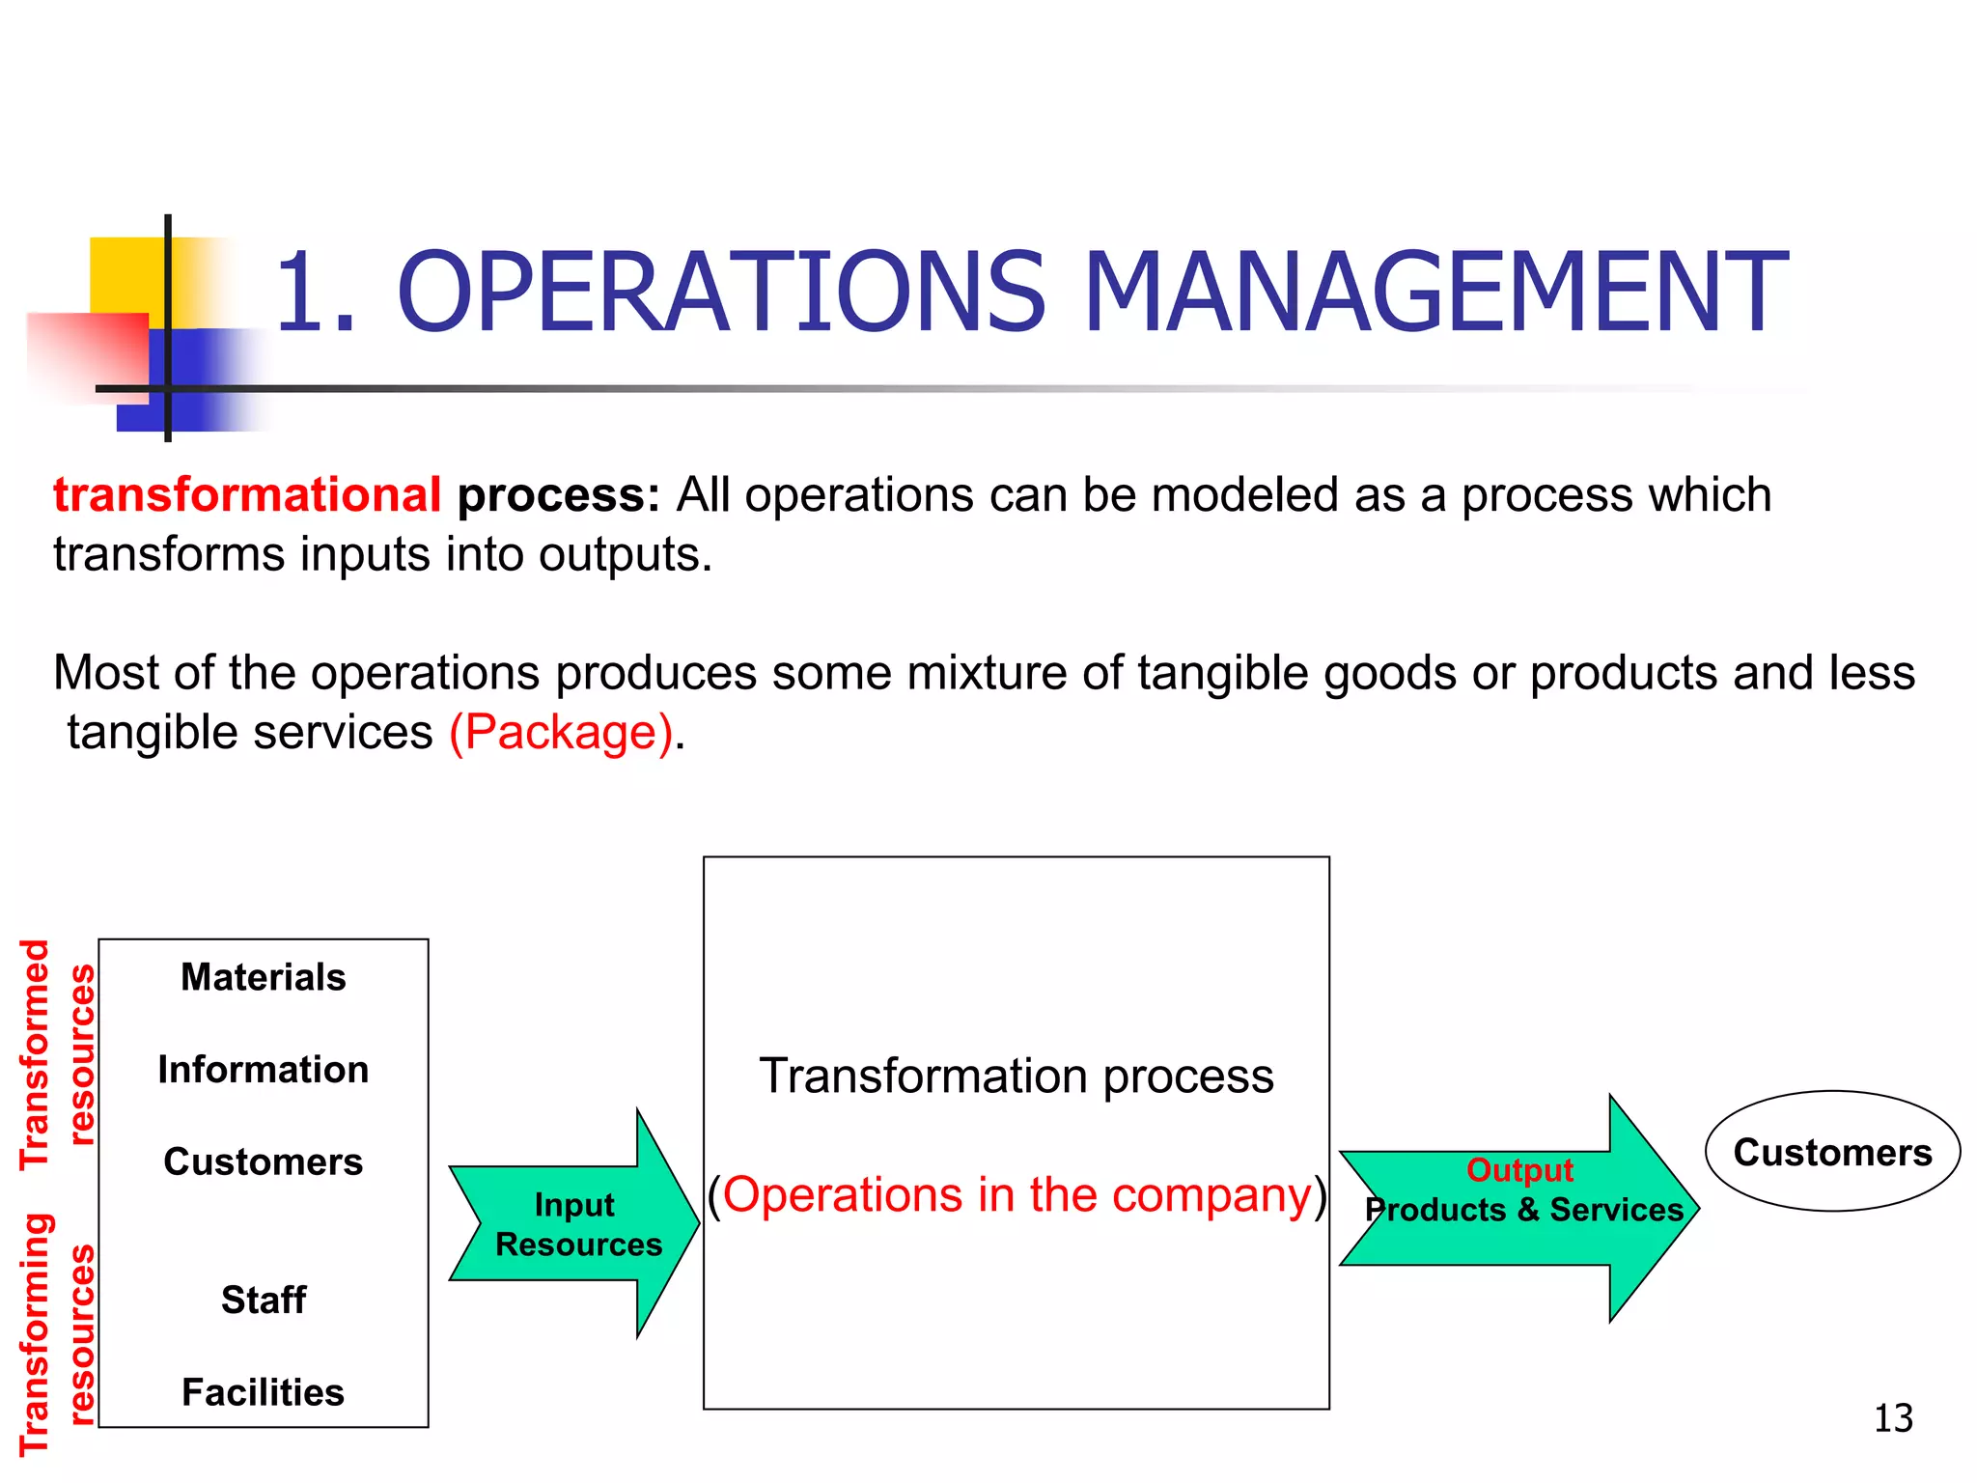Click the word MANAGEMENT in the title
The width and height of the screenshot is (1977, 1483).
pyautogui.click(x=1434, y=292)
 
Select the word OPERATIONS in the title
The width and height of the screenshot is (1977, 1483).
pyautogui.click(x=721, y=292)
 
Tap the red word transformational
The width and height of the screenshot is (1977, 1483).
pyautogui.click(x=247, y=495)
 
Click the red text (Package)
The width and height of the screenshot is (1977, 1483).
pyautogui.click(x=561, y=732)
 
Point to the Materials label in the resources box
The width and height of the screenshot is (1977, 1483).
pyautogui.click(x=263, y=977)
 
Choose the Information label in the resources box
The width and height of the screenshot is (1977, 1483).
pyautogui.click(x=263, y=1070)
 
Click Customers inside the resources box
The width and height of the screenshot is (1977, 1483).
pyautogui.click(x=263, y=1161)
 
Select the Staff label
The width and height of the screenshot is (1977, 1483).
pyautogui.click(x=263, y=1300)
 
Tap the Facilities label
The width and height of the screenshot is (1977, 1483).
pyautogui.click(x=263, y=1392)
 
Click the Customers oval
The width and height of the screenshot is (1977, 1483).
pyautogui.click(x=1832, y=1152)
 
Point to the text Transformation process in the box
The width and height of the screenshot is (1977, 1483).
pyautogui.click(x=1016, y=1076)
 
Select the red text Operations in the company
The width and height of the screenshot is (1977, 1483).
pyautogui.click(x=1016, y=1195)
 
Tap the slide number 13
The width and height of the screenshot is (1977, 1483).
pyautogui.click(x=1892, y=1418)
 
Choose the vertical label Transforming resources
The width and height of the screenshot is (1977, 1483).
pyautogui.click(x=58, y=1332)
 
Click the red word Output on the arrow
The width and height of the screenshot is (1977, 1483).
pyautogui.click(x=1519, y=1169)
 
